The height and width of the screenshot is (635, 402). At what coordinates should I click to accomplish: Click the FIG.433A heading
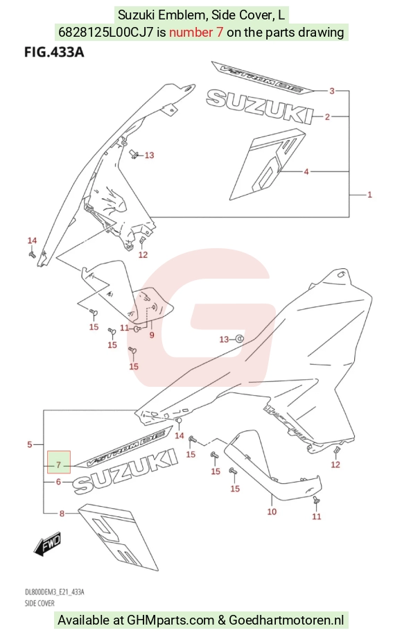click(x=54, y=52)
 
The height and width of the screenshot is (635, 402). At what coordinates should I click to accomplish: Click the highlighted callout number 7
click(x=59, y=465)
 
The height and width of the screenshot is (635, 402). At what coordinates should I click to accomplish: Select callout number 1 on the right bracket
click(x=369, y=194)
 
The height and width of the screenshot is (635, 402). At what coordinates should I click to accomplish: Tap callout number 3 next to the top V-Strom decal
click(x=332, y=91)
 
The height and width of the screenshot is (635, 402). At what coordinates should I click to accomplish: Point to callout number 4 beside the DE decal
click(x=306, y=172)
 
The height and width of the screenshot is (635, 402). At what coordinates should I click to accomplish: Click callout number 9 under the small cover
click(x=152, y=335)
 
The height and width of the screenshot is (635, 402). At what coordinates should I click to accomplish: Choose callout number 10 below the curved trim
click(x=272, y=512)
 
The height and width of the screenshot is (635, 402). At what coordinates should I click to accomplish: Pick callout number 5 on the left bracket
click(x=30, y=444)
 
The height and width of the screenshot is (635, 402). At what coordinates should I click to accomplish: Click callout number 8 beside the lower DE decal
click(x=62, y=514)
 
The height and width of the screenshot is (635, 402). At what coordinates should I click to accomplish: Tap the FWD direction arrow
click(x=46, y=543)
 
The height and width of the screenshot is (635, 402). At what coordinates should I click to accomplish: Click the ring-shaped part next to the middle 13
click(x=239, y=338)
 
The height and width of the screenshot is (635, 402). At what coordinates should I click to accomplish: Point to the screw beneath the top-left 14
click(x=32, y=254)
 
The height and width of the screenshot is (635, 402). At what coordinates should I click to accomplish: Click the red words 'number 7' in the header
click(x=196, y=32)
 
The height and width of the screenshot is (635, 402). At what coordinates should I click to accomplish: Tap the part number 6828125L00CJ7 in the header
click(x=106, y=32)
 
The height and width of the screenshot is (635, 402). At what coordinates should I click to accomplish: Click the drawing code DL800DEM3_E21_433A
click(x=54, y=592)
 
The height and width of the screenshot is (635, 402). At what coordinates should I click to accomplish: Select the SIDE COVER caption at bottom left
click(x=40, y=603)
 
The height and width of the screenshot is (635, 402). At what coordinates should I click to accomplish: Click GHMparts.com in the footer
click(x=170, y=620)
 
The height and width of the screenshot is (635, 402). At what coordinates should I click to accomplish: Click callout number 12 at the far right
click(x=335, y=464)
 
